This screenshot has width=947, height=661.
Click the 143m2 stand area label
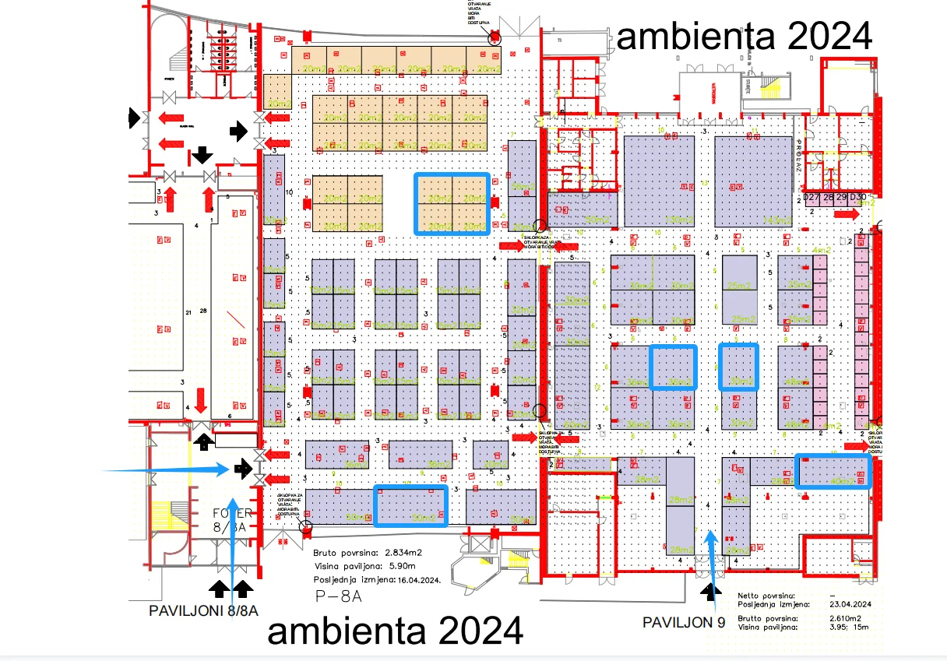776,220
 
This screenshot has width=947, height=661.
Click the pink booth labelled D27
811,198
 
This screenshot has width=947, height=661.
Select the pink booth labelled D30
858,198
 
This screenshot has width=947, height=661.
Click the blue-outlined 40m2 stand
833,472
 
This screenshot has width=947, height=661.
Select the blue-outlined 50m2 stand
411,506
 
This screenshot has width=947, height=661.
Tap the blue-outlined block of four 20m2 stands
452,204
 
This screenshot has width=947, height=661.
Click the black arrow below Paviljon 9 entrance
709,593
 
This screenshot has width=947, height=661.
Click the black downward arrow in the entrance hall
202,153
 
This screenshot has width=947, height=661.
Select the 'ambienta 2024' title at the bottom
395,631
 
